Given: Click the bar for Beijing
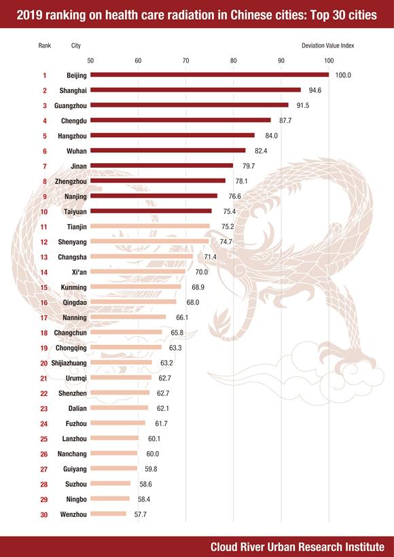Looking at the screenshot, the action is pyautogui.click(x=210, y=75).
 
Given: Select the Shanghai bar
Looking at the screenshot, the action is pyautogui.click(x=196, y=90).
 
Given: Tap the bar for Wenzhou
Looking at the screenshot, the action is pyautogui.click(x=109, y=514).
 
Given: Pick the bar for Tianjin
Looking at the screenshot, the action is pyautogui.click(x=150, y=226).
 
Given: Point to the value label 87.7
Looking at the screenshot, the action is pyautogui.click(x=285, y=121).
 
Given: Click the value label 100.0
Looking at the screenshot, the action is pyautogui.click(x=343, y=75).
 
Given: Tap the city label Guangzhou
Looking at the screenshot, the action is pyautogui.click(x=71, y=105).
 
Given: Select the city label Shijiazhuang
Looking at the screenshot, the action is pyautogui.click(x=69, y=363).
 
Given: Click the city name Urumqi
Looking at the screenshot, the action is pyautogui.click(x=76, y=378).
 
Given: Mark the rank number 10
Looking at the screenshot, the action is pyautogui.click(x=44, y=212).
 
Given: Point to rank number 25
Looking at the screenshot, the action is pyautogui.click(x=44, y=439).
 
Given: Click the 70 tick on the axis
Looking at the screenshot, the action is pyautogui.click(x=186, y=60).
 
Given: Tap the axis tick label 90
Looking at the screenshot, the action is pyautogui.click(x=281, y=60).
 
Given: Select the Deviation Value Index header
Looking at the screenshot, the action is pyautogui.click(x=328, y=46).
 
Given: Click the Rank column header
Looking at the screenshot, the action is pyautogui.click(x=45, y=46).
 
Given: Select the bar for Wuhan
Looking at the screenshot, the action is pyautogui.click(x=168, y=150).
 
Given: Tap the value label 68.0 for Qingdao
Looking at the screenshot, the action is pyautogui.click(x=193, y=302).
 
